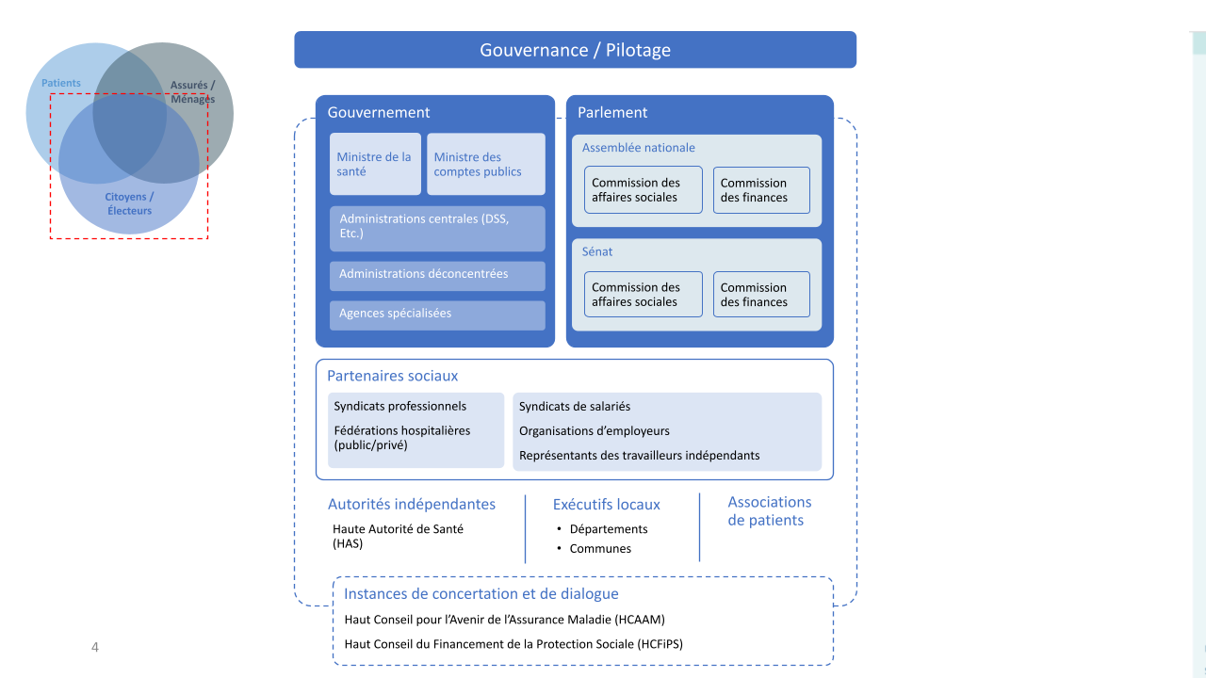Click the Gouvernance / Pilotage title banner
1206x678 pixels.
pos(575,50)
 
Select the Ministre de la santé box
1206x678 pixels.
pos(375,164)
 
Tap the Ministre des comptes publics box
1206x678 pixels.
pos(485,164)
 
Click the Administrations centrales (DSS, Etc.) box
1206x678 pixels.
pos(437,228)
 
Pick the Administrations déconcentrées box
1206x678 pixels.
pos(437,275)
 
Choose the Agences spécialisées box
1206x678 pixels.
pos(437,315)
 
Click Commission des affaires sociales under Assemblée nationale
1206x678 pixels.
pos(644,190)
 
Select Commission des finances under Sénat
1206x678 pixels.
pos(761,295)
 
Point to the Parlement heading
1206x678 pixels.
pos(612,113)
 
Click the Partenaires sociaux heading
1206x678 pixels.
pos(392,376)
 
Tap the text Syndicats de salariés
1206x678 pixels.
pos(575,407)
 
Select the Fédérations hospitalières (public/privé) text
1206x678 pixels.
pos(401,438)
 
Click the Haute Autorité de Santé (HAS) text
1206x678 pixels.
pos(398,536)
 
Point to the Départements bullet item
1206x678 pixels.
pos(609,529)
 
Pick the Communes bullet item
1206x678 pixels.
pos(600,549)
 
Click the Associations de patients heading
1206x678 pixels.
pos(769,511)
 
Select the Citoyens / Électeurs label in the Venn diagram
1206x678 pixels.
pos(129,203)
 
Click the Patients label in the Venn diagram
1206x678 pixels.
pos(61,83)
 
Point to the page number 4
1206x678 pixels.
pos(94,647)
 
